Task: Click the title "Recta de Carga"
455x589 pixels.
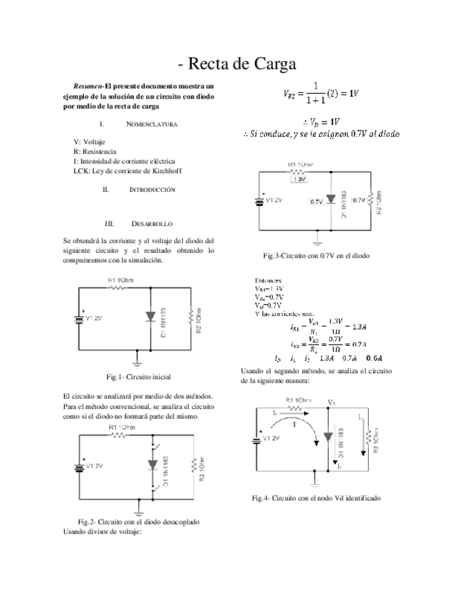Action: (x=237, y=65)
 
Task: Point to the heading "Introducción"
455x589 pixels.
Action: (x=151, y=189)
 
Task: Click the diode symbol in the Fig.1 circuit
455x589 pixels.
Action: (x=151, y=317)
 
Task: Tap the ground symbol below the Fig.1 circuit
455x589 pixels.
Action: (x=137, y=361)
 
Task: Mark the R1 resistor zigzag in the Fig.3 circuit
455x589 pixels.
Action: (x=298, y=171)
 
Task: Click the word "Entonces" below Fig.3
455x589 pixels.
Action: (x=268, y=281)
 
